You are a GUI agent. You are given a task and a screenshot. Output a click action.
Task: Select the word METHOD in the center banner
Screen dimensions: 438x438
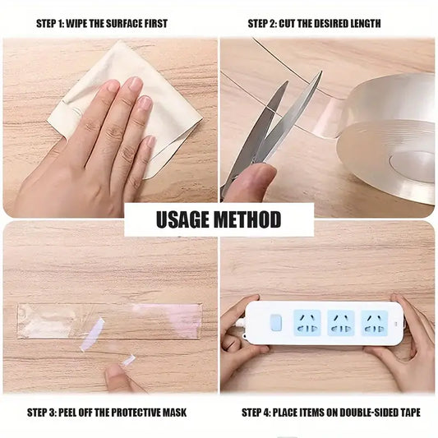(x=251, y=219)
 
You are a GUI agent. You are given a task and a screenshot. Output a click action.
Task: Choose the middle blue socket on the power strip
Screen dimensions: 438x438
(x=340, y=322)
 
